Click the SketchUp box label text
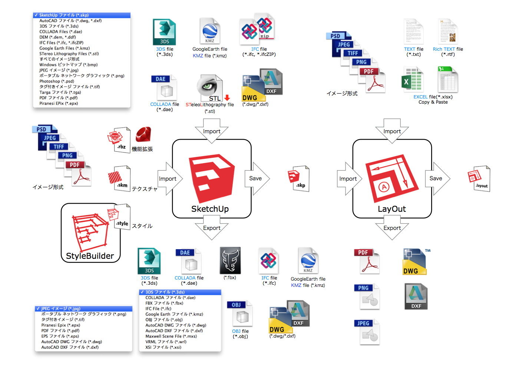click(x=210, y=209)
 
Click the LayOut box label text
click(x=391, y=209)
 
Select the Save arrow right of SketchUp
click(x=257, y=178)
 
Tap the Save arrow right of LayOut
click(x=437, y=178)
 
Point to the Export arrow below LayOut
click(x=392, y=228)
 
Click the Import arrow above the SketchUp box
click(x=212, y=131)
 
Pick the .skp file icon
click(x=299, y=178)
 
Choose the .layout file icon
click(x=479, y=178)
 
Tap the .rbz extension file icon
click(x=119, y=140)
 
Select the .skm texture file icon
click(x=119, y=178)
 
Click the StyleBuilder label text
click(x=90, y=256)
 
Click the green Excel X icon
click(x=412, y=79)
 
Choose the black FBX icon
click(x=230, y=261)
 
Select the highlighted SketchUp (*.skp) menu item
click(x=82, y=15)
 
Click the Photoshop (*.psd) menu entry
click(x=57, y=81)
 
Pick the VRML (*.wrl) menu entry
click(x=166, y=342)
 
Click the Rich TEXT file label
click(x=448, y=49)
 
